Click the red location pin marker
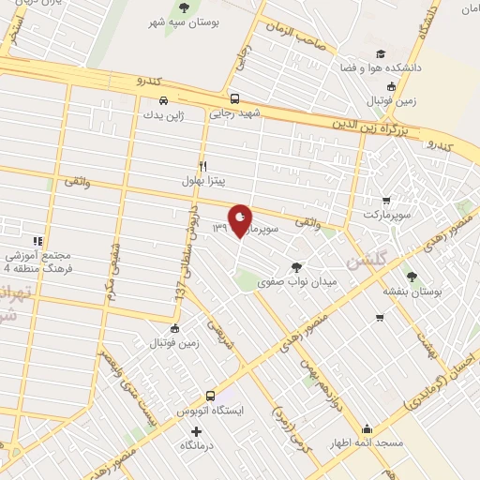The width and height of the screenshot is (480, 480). pyautogui.click(x=240, y=220)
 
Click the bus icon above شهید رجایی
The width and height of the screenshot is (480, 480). pyautogui.click(x=234, y=98)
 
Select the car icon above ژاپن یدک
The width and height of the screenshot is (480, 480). pyautogui.click(x=163, y=100)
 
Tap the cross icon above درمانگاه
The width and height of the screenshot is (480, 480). pyautogui.click(x=196, y=432)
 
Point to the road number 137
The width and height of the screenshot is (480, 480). pyautogui.click(x=180, y=292)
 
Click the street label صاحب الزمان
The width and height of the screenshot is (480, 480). pyautogui.click(x=297, y=38)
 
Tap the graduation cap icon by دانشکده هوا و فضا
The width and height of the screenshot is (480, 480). pyautogui.click(x=381, y=55)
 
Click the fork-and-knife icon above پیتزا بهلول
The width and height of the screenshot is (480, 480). pyautogui.click(x=202, y=165)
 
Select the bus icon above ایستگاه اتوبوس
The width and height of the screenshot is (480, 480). pyautogui.click(x=211, y=397)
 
